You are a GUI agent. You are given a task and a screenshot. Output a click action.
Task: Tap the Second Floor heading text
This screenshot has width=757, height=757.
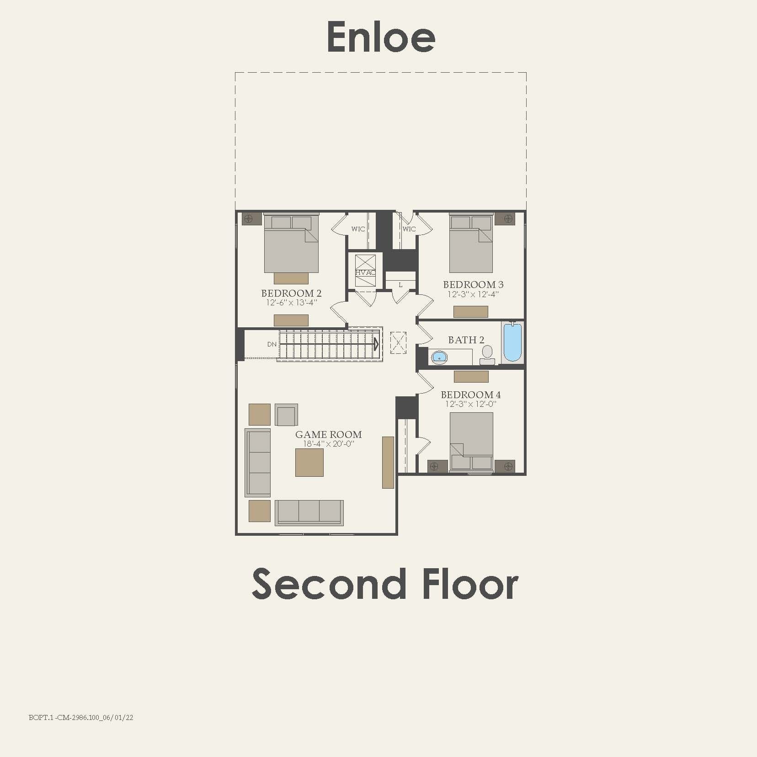(x=385, y=584)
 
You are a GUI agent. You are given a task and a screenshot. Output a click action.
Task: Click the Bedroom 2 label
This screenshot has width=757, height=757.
(x=291, y=293)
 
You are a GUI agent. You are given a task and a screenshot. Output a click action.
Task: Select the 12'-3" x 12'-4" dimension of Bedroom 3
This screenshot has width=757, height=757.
(x=473, y=294)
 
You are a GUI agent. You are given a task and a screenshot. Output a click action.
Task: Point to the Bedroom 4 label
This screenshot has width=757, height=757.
(x=470, y=394)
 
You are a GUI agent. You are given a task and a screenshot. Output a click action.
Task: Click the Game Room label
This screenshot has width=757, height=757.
(x=328, y=434)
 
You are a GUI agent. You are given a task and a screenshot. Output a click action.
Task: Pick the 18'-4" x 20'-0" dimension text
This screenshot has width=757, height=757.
(x=328, y=444)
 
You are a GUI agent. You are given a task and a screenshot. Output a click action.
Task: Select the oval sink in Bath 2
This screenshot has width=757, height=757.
(x=439, y=357)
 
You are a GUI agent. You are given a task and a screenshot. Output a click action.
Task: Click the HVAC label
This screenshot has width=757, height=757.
(x=365, y=272)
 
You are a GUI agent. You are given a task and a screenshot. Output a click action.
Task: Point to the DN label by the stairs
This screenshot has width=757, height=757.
(x=272, y=344)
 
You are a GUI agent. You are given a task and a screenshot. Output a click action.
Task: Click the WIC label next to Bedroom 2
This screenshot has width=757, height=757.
(x=358, y=229)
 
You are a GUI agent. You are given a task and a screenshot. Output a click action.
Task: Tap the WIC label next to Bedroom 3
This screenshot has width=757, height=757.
(x=409, y=229)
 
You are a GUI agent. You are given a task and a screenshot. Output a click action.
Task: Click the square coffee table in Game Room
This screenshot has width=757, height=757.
(x=309, y=463)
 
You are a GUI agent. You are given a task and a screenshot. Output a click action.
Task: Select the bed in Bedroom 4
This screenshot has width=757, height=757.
(x=471, y=441)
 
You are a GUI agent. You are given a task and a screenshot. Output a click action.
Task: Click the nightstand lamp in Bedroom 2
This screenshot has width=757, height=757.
(x=249, y=219)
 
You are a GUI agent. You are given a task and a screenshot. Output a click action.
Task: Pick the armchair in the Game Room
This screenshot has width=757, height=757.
(x=287, y=415)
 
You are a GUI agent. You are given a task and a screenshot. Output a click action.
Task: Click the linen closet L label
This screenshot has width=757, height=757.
(x=400, y=285)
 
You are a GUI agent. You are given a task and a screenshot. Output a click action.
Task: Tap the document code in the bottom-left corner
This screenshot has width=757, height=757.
(x=81, y=717)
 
